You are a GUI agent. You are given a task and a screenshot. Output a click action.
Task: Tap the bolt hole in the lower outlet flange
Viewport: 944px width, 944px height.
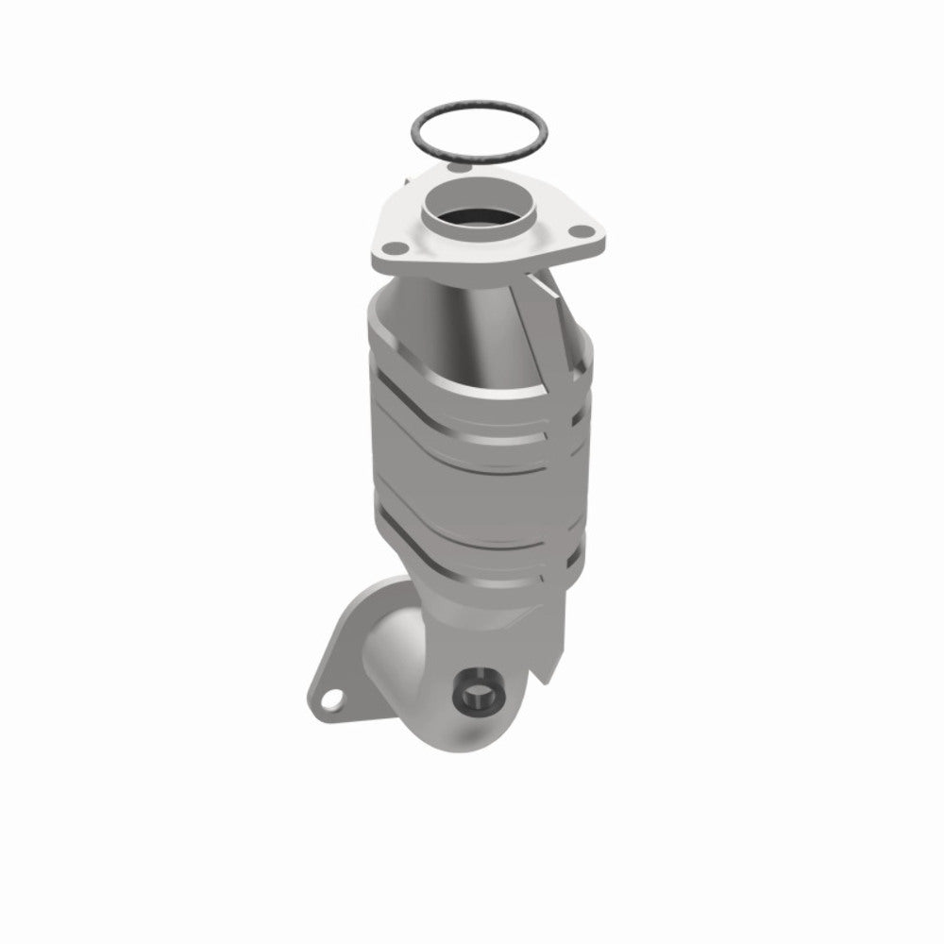(x=330, y=700)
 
